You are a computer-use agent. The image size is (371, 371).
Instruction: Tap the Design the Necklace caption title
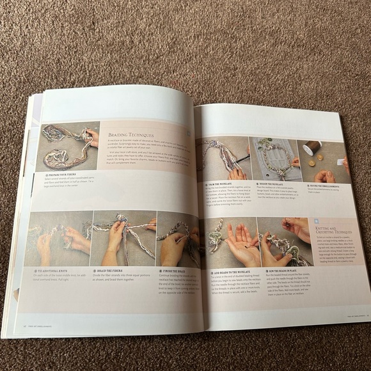click(x=271, y=182)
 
